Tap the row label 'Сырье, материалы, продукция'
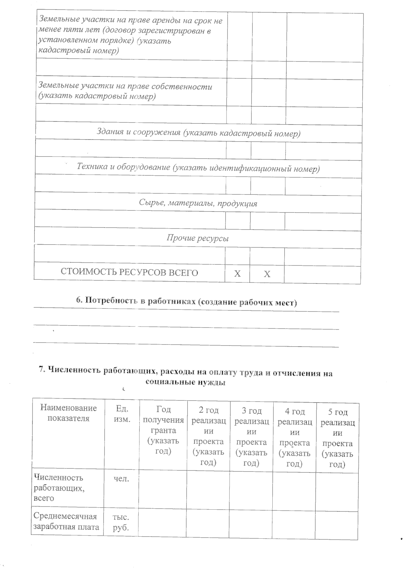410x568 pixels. coord(198,203)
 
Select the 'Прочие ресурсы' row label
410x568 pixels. coord(197,238)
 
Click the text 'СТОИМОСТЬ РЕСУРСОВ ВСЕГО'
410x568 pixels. coord(129,273)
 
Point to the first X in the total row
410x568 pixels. coord(237,274)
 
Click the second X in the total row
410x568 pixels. coord(267,274)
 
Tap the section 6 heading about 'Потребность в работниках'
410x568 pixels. coord(186,301)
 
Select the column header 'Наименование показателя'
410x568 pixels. coord(68,413)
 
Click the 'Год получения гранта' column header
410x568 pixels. coord(163,430)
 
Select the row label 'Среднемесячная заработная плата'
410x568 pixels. coord(67,522)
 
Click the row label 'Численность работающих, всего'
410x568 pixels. coord(58,488)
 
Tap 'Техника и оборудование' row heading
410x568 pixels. coord(198,168)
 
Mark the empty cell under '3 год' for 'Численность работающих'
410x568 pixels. coord(251,490)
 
